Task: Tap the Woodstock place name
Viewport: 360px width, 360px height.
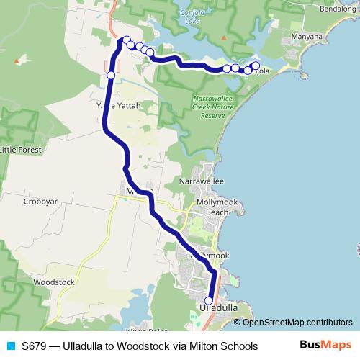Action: [54, 282]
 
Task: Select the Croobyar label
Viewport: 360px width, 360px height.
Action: [40, 203]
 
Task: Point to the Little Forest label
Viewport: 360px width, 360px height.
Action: [22, 150]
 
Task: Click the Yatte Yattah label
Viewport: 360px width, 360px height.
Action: [118, 106]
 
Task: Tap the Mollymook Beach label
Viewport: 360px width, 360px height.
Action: [212, 207]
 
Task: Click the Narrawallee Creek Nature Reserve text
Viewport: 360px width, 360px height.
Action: [213, 107]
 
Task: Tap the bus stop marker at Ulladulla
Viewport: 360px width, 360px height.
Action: [209, 301]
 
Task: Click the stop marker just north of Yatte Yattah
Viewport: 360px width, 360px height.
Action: [111, 75]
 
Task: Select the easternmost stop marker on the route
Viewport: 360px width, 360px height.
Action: [255, 66]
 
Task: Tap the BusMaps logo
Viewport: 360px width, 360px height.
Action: [325, 345]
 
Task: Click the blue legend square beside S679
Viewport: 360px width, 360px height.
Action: [10, 346]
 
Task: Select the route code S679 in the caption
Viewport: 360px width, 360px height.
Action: [34, 346]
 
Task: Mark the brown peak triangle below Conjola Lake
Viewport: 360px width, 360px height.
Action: [225, 37]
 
